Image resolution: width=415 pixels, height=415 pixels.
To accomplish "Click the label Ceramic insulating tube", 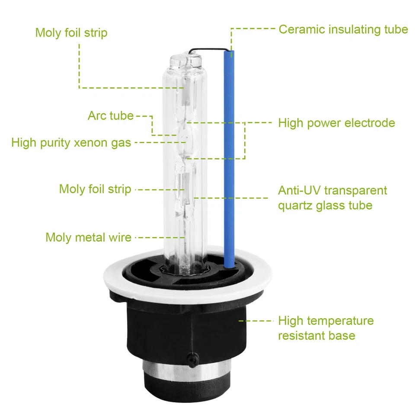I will point(343,29).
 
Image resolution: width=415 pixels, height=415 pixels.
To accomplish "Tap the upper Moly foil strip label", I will point(71,33).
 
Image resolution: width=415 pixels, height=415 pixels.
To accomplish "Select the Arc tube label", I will point(111,116).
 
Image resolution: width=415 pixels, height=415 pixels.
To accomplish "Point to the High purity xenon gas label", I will point(71,143).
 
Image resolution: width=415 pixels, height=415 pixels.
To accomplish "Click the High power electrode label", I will point(336,123).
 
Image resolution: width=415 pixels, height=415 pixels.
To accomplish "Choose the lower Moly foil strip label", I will point(95,189).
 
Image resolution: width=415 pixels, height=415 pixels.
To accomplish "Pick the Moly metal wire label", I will point(88,237).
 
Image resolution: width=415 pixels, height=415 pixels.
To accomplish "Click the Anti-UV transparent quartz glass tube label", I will point(332,198).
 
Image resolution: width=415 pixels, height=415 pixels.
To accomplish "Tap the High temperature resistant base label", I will point(326,328).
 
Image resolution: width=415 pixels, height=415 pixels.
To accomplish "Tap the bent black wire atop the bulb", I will point(207,49).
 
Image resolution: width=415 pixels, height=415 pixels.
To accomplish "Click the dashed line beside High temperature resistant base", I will point(256,321).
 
